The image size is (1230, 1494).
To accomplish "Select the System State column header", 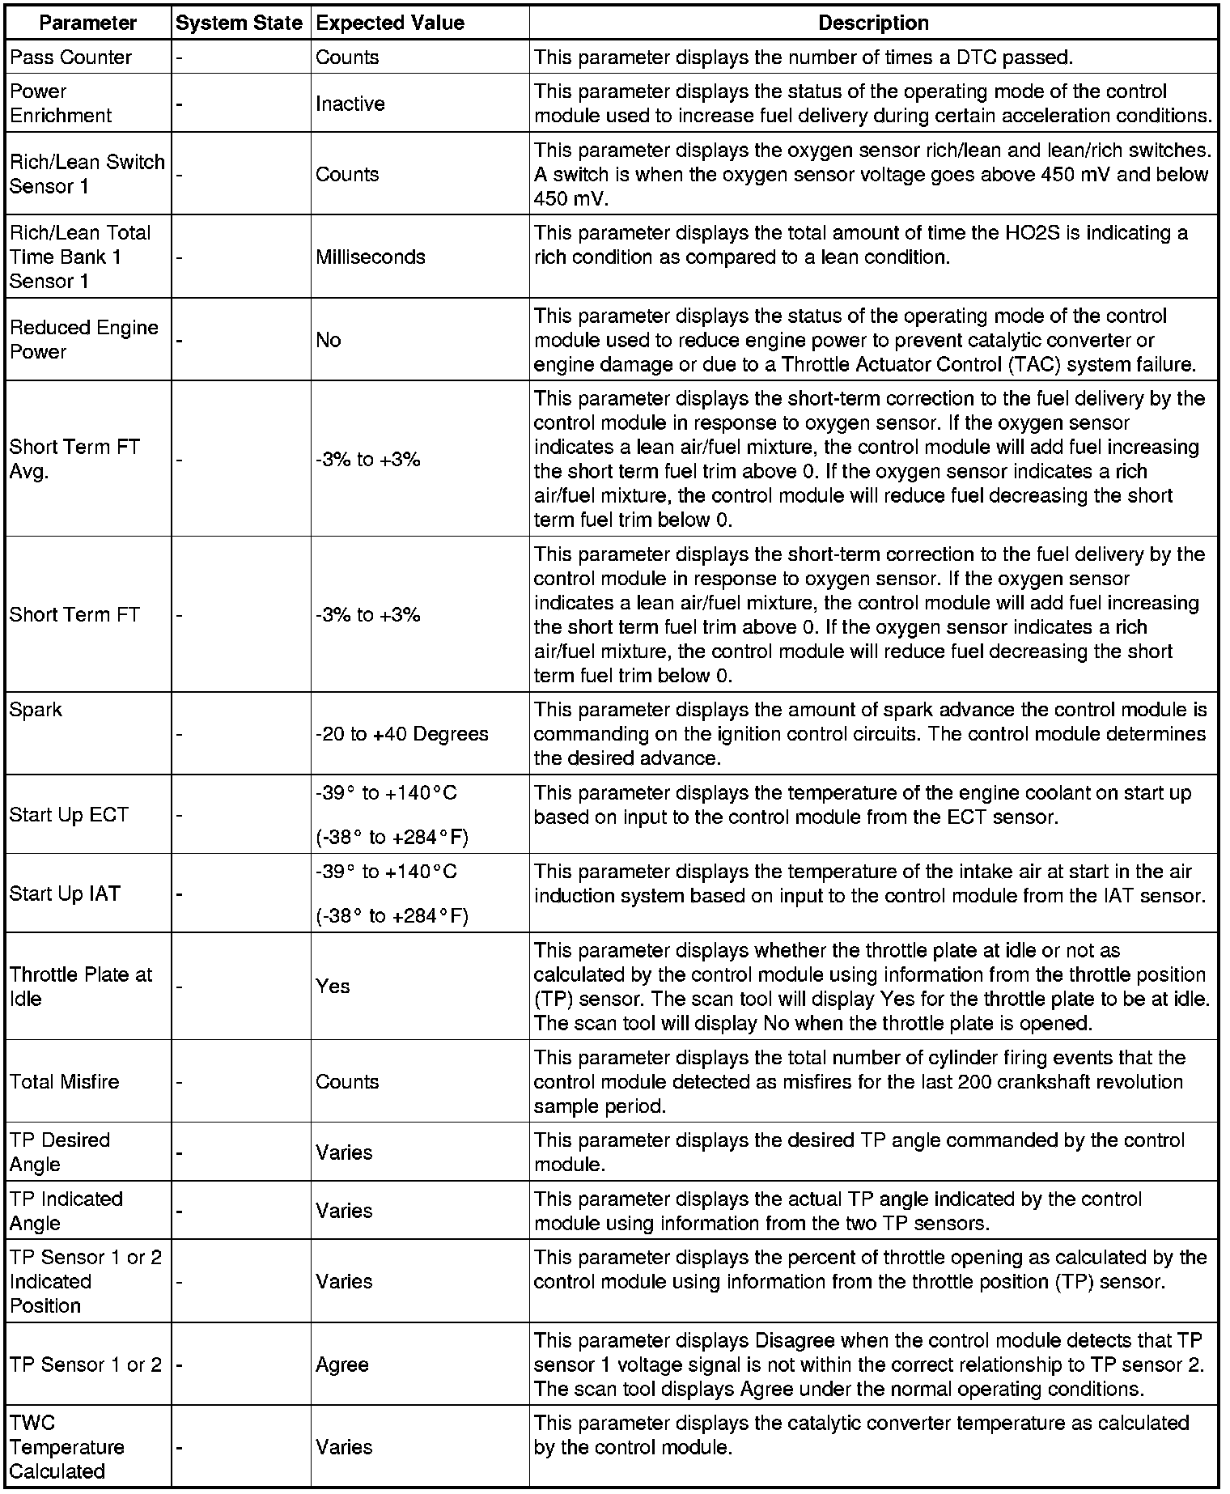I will [240, 23].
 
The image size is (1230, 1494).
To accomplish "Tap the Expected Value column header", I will [390, 23].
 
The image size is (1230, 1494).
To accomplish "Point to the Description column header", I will [873, 23].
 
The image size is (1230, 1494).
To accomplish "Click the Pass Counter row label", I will [70, 57].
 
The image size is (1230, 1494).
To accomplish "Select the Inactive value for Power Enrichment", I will [350, 104].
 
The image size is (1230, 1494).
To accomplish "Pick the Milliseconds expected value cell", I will [370, 257].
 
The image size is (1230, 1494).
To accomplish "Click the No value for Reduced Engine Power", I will [329, 340].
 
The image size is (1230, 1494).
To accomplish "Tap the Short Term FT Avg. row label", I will [74, 459].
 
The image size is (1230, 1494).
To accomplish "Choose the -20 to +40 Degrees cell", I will [401, 734].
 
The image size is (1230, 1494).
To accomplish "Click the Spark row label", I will [36, 710].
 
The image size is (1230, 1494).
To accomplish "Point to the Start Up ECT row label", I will [69, 814].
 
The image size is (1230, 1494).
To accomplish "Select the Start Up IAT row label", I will [65, 893].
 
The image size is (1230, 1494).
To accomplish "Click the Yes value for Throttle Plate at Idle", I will [333, 987].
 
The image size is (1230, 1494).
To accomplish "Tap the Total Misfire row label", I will [64, 1082].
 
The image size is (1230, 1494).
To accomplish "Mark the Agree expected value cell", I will [342, 1365].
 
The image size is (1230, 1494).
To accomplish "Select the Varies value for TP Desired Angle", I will [344, 1152].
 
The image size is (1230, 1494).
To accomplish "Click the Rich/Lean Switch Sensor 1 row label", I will [87, 174].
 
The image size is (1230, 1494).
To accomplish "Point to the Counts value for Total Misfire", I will [347, 1082].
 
